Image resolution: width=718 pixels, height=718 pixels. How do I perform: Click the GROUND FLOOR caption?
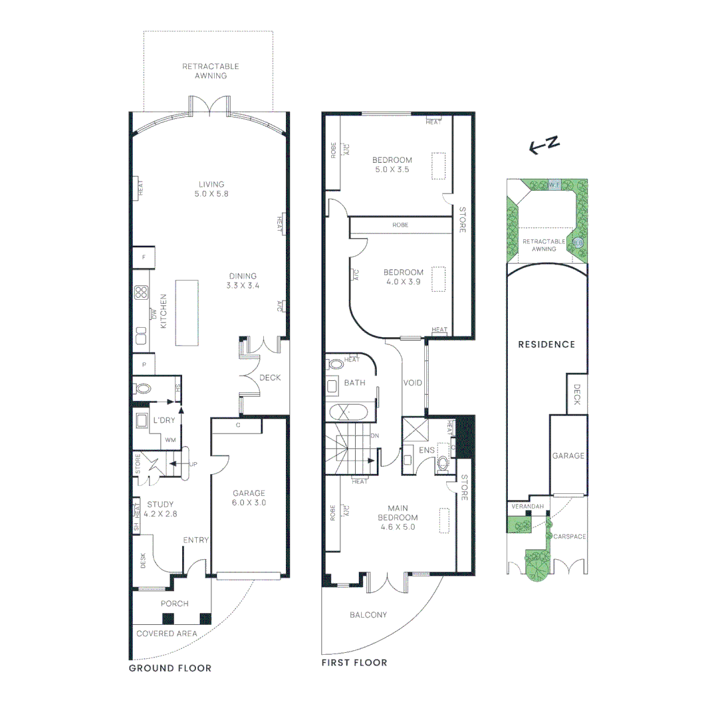tap(170, 668)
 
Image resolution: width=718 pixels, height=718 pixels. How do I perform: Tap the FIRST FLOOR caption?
tap(354, 663)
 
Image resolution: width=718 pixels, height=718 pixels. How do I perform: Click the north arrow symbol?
tap(542, 146)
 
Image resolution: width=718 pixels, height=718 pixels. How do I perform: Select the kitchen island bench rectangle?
tap(186, 312)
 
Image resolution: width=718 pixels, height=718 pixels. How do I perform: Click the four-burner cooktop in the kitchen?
tap(141, 293)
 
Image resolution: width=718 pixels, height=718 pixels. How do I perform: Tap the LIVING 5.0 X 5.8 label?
tap(211, 189)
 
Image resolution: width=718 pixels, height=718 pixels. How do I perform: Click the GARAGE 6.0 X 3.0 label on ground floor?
tap(249, 497)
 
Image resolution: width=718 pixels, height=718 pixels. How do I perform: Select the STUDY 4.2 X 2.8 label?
tap(160, 509)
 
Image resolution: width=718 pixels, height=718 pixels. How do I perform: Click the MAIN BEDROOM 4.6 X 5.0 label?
tap(398, 518)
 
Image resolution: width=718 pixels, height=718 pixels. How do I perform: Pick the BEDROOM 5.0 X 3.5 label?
tap(392, 164)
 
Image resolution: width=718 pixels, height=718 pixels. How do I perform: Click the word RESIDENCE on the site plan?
tap(546, 344)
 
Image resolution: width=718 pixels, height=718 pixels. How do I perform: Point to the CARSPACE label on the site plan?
tap(569, 537)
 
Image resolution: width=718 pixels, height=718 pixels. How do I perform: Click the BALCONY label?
tap(368, 615)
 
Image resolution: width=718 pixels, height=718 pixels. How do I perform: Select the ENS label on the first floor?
tap(426, 450)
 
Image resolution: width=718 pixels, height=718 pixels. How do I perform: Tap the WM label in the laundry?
tap(171, 440)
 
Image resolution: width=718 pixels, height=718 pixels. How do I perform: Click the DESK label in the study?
tap(143, 562)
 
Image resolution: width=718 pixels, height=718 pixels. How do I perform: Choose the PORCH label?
tap(175, 604)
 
